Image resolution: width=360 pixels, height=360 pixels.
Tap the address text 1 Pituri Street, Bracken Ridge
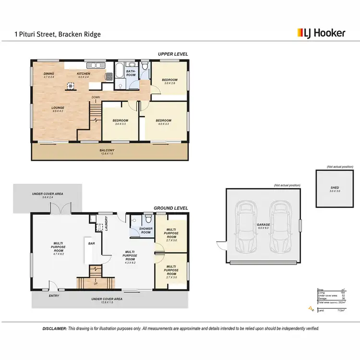pyautogui.click(x=57, y=35)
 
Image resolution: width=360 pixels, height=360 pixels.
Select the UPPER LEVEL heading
pyautogui.click(x=173, y=54)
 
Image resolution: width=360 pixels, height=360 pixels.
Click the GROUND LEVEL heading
pyautogui.click(x=171, y=208)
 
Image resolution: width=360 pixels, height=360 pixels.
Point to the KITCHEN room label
pyautogui.click(x=84, y=73)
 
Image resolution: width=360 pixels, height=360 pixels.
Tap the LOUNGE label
pyautogui.click(x=58, y=108)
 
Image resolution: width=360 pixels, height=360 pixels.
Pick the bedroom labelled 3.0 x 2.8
pyautogui.click(x=169, y=81)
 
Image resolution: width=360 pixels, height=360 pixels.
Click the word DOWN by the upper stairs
pyautogui.click(x=96, y=97)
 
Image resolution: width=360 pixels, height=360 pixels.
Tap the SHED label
pyautogui.click(x=335, y=188)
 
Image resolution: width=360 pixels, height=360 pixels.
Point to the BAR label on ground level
pyautogui.click(x=91, y=243)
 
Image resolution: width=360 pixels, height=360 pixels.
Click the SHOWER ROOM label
pyautogui.click(x=145, y=231)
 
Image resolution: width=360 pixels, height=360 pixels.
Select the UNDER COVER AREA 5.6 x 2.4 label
pyautogui.click(x=48, y=195)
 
